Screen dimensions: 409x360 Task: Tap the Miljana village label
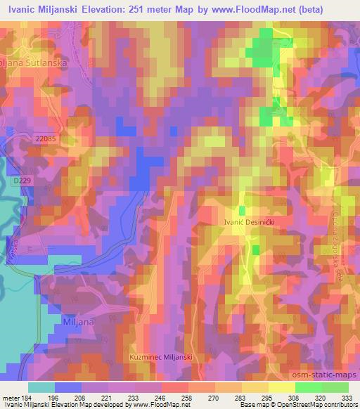79,318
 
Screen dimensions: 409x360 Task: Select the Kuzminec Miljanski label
161,357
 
